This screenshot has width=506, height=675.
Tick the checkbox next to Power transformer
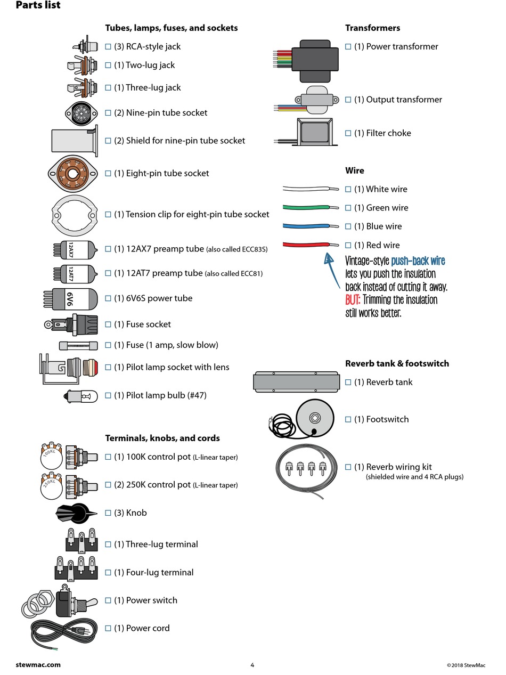tap(348, 47)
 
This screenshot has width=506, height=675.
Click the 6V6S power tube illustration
tap(70, 299)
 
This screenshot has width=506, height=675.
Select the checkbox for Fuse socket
tap(108, 324)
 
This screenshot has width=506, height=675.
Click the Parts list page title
tap(38, 5)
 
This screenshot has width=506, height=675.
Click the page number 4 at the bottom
tap(252, 665)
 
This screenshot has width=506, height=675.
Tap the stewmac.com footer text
tap(38, 665)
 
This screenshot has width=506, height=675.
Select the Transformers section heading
tap(372, 28)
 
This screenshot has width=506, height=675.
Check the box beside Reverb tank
tap(348, 383)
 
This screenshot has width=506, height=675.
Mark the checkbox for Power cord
tap(108, 628)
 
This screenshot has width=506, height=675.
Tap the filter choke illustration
tap(316, 132)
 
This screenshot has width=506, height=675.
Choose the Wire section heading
tap(355, 170)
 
